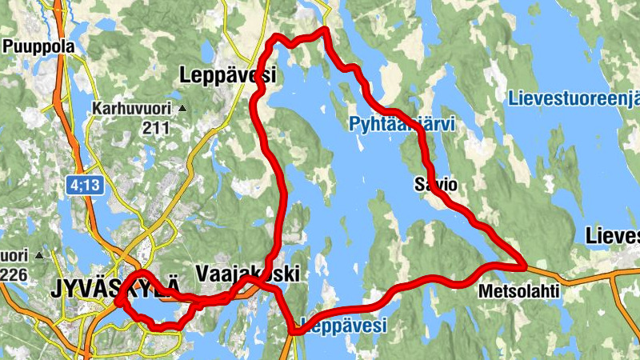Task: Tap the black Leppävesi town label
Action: [x=228, y=76]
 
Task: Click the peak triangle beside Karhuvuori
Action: [x=182, y=108]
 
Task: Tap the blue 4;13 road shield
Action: [x=84, y=185]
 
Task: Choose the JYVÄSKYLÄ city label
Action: [x=111, y=289]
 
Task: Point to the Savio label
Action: [x=435, y=185]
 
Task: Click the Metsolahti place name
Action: [x=518, y=292]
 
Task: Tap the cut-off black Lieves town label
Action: [x=613, y=236]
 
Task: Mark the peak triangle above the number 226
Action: [x=38, y=256]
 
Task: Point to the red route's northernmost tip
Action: [x=324, y=30]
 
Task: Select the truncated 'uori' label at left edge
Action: [x=13, y=256]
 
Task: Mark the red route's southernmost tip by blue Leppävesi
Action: [x=293, y=330]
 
